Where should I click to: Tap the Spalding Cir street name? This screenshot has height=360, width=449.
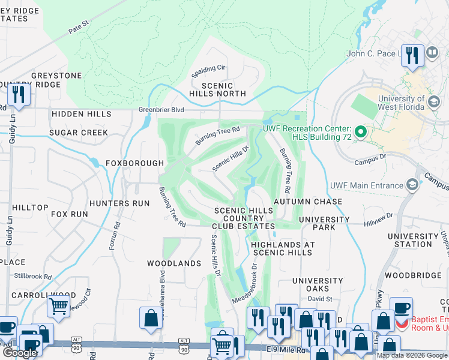tap(208, 71)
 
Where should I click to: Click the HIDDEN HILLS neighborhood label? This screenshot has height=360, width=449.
tap(81, 114)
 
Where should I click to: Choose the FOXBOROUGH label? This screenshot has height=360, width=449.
tap(134, 163)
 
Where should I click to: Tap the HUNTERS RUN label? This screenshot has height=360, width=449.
tap(119, 203)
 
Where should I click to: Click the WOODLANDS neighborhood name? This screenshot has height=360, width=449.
tap(174, 263)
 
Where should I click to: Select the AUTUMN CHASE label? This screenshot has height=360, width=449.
tap(308, 202)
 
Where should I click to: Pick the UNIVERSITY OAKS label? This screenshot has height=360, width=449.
tap(318, 285)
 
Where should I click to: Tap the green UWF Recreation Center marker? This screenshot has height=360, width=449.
tap(360, 131)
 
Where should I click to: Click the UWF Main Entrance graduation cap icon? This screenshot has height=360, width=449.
tap(412, 185)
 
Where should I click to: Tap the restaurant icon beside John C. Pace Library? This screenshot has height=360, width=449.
tap(412, 55)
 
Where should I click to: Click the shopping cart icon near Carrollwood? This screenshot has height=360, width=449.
tap(58, 306)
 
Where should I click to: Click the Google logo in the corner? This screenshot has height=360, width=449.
tap(20, 353)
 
